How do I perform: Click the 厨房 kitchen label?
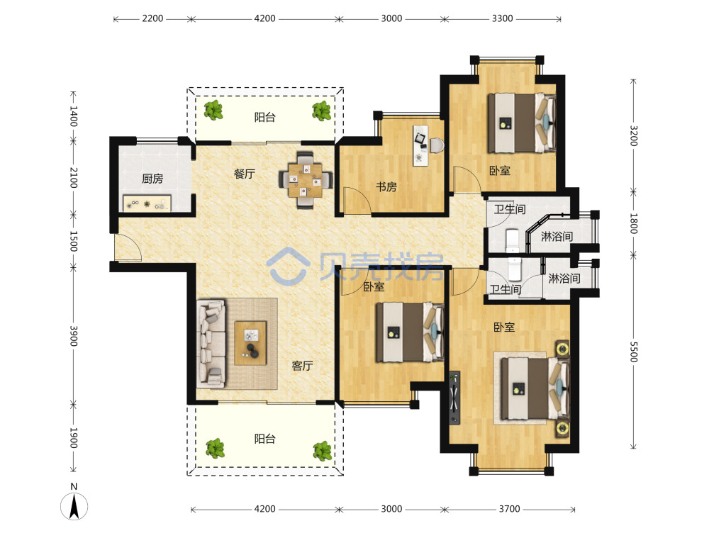pyautogui.click(x=152, y=179)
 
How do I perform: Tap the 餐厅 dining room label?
pyautogui.click(x=245, y=174)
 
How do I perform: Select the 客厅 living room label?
pyautogui.click(x=302, y=365)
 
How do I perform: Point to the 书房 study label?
pyautogui.click(x=386, y=186)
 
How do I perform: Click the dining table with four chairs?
pyautogui.click(x=306, y=179)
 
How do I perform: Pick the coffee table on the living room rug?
pyautogui.click(x=250, y=342)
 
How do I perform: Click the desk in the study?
pyautogui.click(x=421, y=145)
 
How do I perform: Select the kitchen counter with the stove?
pyautogui.click(x=147, y=203)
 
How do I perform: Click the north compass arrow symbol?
pyautogui.click(x=74, y=506)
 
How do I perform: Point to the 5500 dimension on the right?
pyautogui.click(x=633, y=352)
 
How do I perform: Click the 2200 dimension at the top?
pyautogui.click(x=152, y=18)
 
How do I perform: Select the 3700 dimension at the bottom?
pyautogui.click(x=509, y=509)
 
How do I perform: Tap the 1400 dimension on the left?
pyautogui.click(x=73, y=117)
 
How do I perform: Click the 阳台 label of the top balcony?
pyautogui.click(x=265, y=118)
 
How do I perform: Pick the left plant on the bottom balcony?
pyautogui.click(x=216, y=448)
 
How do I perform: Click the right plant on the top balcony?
pyautogui.click(x=322, y=111)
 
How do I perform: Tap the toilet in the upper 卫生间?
pyautogui.click(x=513, y=240)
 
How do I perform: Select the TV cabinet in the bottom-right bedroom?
pyautogui.click(x=454, y=398)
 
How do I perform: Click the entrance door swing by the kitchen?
pyautogui.click(x=128, y=248)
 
